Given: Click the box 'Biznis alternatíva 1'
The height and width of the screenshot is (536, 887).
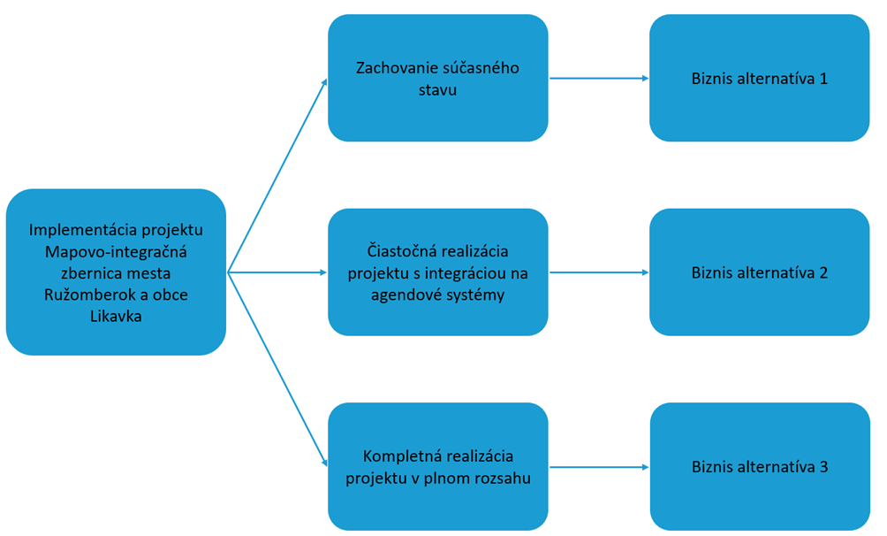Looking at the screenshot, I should [x=759, y=78].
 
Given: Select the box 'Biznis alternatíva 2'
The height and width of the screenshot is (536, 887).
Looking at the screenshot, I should [x=759, y=272].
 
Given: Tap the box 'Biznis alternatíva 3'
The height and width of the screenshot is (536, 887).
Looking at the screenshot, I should [x=759, y=466].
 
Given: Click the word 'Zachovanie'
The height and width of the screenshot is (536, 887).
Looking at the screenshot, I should [x=392, y=68].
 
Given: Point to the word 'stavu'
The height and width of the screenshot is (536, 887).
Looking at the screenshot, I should [x=437, y=89].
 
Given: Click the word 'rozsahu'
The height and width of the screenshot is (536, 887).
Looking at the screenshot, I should [x=501, y=478].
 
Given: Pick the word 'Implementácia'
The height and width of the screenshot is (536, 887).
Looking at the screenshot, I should [x=76, y=230].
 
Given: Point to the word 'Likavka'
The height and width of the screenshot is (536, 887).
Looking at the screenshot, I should [x=116, y=316].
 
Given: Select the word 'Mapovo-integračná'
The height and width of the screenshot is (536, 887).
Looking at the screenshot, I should [x=116, y=251].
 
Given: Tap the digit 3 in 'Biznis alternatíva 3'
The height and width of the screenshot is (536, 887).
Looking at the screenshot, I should [x=823, y=466].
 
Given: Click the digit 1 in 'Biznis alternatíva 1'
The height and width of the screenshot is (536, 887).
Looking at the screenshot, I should [x=823, y=78].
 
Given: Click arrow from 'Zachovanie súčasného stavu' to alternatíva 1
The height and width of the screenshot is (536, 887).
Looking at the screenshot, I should [x=599, y=78].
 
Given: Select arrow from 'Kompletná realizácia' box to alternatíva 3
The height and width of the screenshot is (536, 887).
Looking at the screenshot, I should [x=599, y=466].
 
